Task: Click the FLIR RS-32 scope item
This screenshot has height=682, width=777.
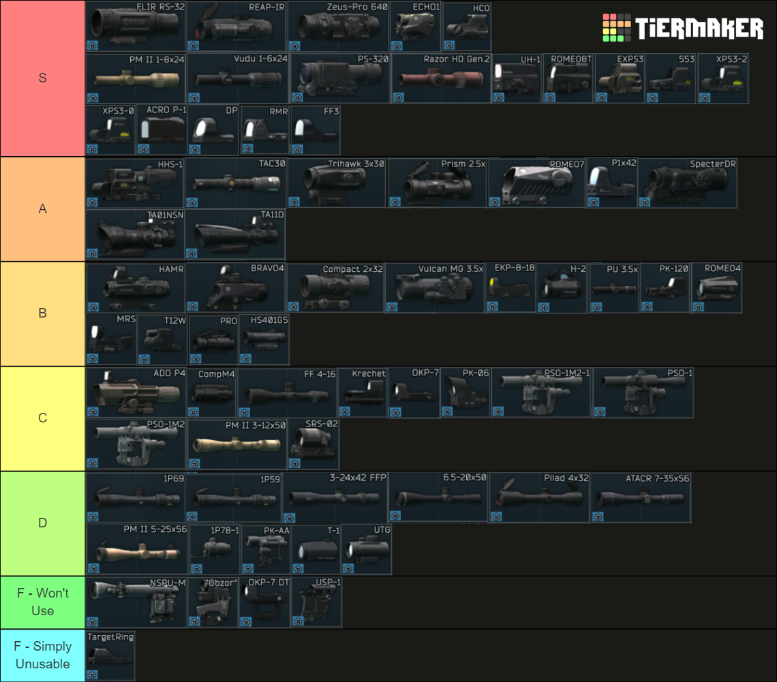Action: click(136, 27)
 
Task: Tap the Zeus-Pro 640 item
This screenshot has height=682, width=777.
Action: click(338, 27)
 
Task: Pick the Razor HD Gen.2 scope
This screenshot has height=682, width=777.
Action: click(441, 79)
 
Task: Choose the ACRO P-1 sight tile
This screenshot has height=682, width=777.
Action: click(162, 130)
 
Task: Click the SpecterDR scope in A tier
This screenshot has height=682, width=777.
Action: click(688, 183)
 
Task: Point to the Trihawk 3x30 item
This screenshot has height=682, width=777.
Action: click(337, 183)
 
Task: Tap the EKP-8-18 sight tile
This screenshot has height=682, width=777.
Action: click(511, 288)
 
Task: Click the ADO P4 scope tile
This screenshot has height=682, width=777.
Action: click(136, 393)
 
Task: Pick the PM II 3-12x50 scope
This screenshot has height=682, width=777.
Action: click(237, 445)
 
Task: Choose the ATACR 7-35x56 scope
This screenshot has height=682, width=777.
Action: click(641, 498)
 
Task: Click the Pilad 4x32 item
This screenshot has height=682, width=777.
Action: click(539, 498)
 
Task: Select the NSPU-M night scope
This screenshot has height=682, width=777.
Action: click(136, 603)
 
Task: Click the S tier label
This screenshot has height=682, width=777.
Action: click(42, 78)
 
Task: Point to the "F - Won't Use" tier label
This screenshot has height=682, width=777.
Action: click(42, 602)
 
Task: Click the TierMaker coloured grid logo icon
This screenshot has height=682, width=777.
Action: click(616, 28)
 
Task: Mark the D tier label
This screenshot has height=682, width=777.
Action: click(42, 523)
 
